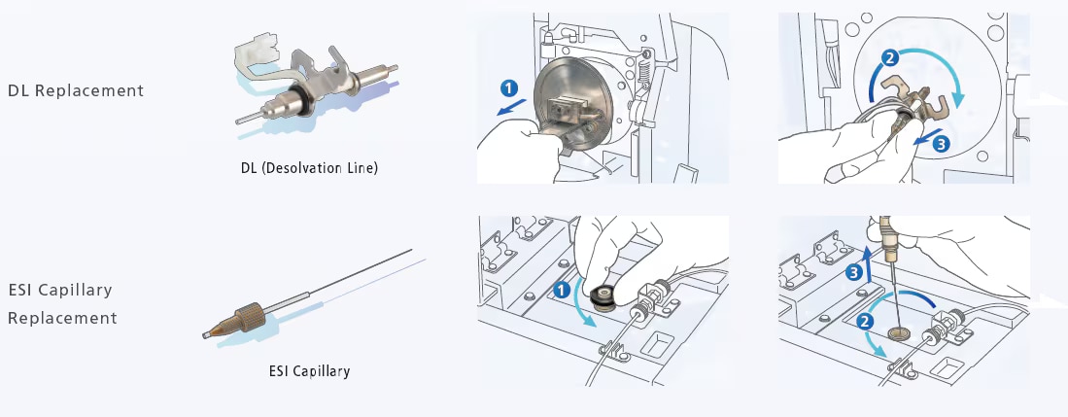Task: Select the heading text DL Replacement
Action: [x=76, y=90]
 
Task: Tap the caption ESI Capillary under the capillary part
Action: [x=309, y=370]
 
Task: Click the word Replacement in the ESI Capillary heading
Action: [x=62, y=318]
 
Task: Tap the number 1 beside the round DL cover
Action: [x=508, y=87]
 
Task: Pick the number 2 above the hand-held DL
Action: [x=886, y=57]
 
